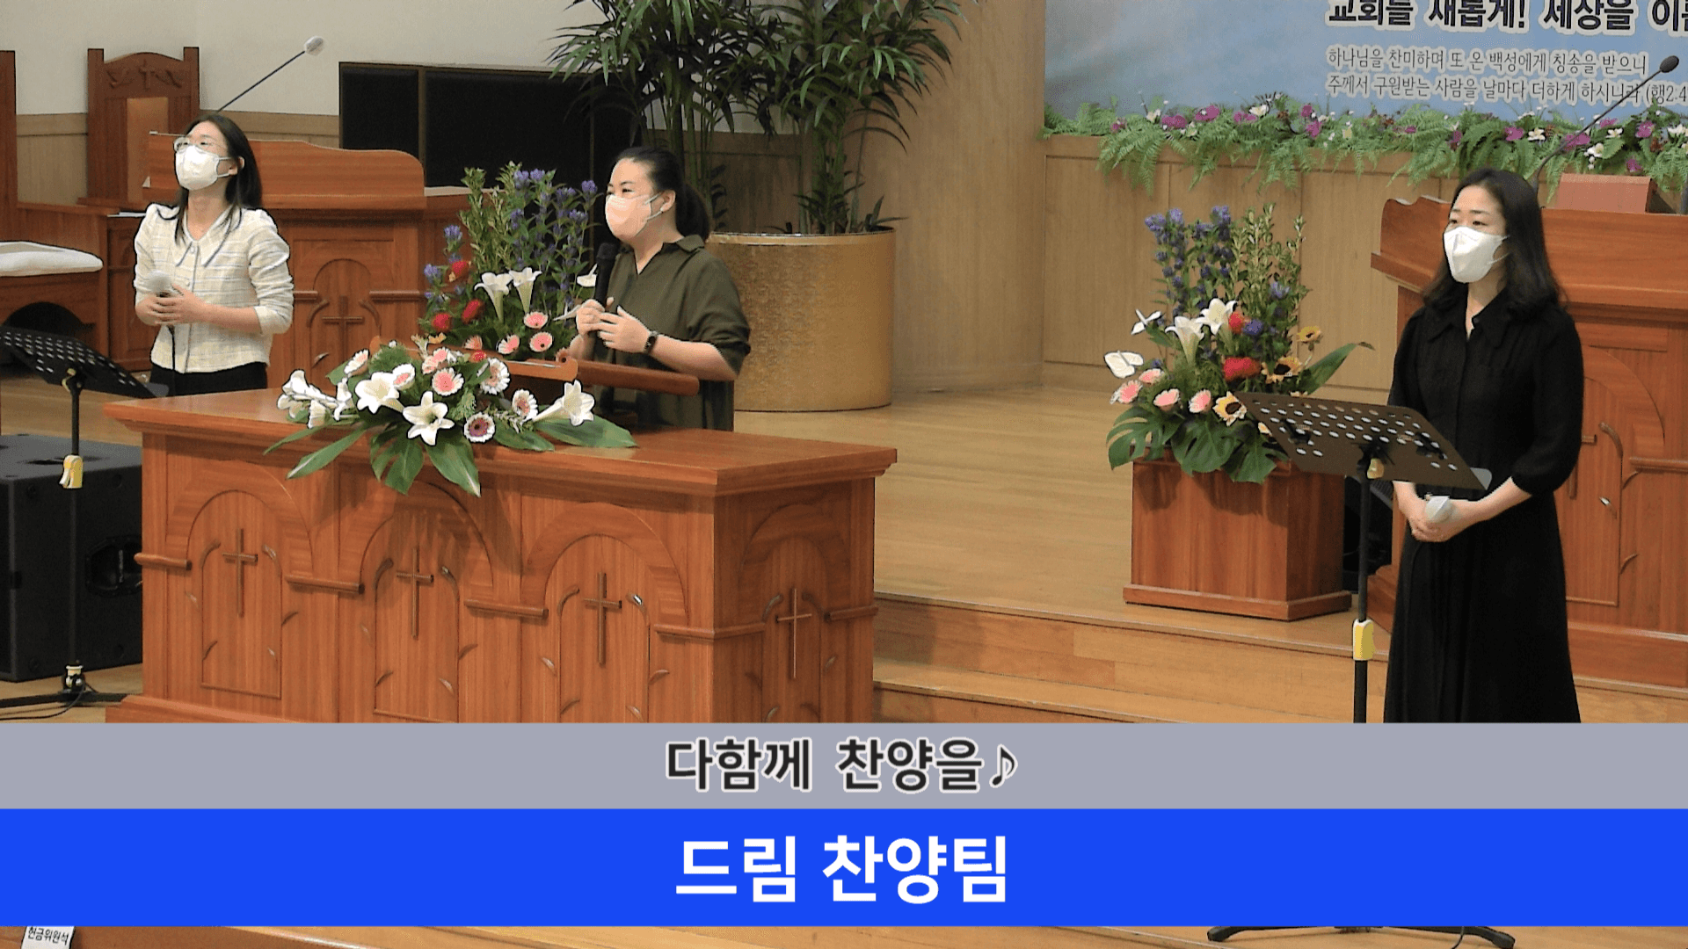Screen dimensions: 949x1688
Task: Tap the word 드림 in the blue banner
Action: coord(737,868)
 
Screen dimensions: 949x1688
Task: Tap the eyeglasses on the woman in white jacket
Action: coord(200,144)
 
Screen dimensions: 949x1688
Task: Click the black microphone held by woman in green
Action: coord(604,268)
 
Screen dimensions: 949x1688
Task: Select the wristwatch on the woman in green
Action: coord(650,343)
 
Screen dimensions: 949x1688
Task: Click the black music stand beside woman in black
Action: coord(1358,439)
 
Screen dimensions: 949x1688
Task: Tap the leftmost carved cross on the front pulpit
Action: coord(239,569)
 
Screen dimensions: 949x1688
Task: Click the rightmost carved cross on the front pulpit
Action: coord(793,631)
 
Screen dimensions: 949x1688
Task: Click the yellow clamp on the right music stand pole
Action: coord(1363,639)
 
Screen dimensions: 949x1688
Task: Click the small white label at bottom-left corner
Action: coord(48,937)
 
